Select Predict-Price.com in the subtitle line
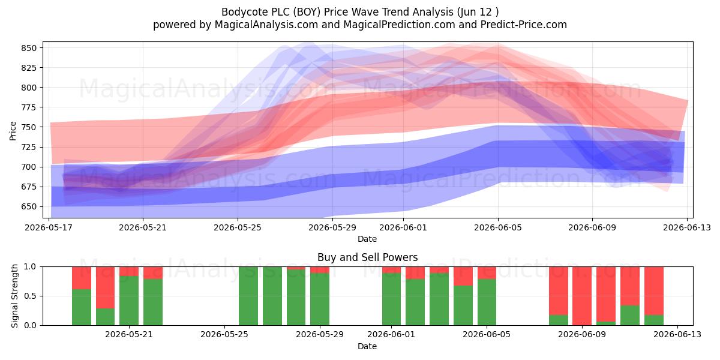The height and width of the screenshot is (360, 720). pyautogui.click(x=524, y=25)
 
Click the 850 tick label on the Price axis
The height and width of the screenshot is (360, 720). pyautogui.click(x=29, y=48)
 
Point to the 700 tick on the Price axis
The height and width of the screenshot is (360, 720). pyautogui.click(x=29, y=167)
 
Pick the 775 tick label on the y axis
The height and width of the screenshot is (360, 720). pyautogui.click(x=29, y=107)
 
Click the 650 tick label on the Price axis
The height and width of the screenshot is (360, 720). pyautogui.click(x=29, y=206)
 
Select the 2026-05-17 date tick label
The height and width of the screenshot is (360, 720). pyautogui.click(x=49, y=227)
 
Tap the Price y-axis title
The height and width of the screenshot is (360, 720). pyautogui.click(x=13, y=131)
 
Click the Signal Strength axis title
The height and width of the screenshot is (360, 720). pyautogui.click(x=14, y=296)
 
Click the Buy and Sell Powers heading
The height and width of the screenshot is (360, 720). pyautogui.click(x=367, y=257)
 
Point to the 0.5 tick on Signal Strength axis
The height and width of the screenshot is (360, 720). pyautogui.click(x=31, y=296)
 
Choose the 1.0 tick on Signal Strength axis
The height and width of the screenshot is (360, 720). pyautogui.click(x=31, y=267)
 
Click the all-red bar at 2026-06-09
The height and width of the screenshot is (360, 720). pyautogui.click(x=582, y=296)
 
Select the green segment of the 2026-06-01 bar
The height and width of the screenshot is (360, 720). pyautogui.click(x=391, y=299)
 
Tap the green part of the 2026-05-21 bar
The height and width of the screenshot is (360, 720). pyautogui.click(x=129, y=301)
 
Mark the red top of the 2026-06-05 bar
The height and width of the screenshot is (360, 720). pyautogui.click(x=487, y=273)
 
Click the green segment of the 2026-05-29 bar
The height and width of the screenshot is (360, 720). pyautogui.click(x=320, y=299)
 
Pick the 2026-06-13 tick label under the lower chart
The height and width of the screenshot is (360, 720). pyautogui.click(x=677, y=335)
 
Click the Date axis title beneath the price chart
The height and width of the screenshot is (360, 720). pyautogui.click(x=367, y=239)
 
